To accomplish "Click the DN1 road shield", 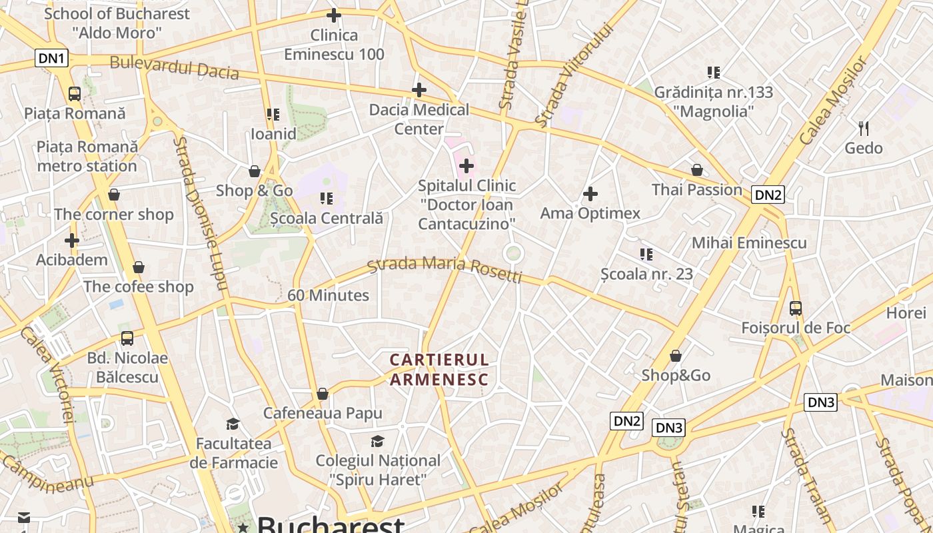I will (51, 58).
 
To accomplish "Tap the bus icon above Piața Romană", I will (75, 94).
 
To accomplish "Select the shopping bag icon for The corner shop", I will (114, 195).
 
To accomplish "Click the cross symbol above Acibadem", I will (72, 241).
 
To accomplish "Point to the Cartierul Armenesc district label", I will (439, 370).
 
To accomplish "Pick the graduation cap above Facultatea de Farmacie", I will (233, 424).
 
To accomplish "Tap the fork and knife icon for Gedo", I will (863, 128).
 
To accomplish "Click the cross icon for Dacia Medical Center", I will (419, 90).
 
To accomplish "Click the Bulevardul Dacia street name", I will (174, 67).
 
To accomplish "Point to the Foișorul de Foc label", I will (796, 328).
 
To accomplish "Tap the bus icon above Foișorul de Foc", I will (796, 308).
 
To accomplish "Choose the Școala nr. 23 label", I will (646, 274).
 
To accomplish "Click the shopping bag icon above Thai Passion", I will (697, 171).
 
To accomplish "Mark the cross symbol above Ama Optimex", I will (590, 195).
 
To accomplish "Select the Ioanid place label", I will (273, 134).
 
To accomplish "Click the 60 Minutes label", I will (329, 295).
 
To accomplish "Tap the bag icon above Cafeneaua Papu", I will (323, 394).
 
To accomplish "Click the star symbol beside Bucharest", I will (243, 528).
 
